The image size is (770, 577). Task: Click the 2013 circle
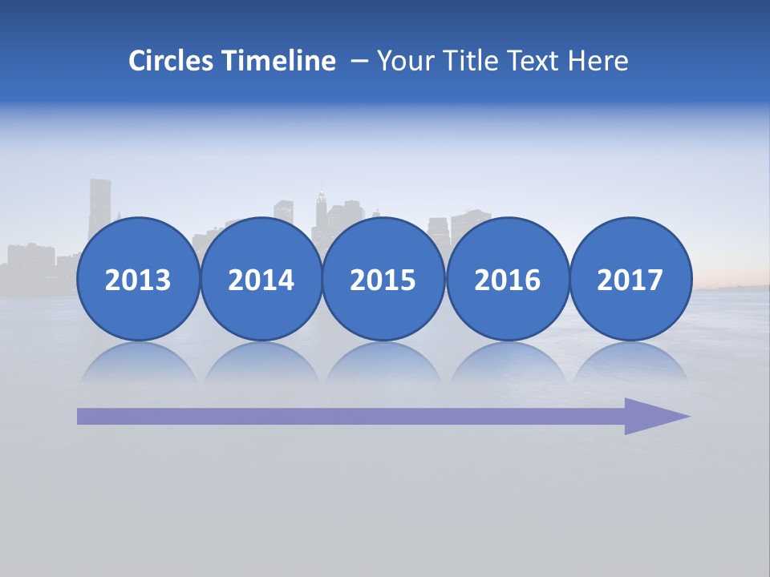point(138,280)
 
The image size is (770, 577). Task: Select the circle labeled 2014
point(261,280)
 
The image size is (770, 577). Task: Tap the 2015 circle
point(383,280)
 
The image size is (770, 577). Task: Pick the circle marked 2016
point(507,280)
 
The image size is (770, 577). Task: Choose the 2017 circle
point(630,280)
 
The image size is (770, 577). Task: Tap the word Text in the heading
point(536,61)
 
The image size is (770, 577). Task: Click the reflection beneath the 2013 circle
point(138,363)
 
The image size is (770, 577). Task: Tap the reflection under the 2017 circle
point(630,363)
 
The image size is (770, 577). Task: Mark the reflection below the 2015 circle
point(383,363)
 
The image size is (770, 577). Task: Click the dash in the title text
point(359,62)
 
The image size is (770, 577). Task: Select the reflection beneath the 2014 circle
point(261,363)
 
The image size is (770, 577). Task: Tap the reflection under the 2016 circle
point(507,363)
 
